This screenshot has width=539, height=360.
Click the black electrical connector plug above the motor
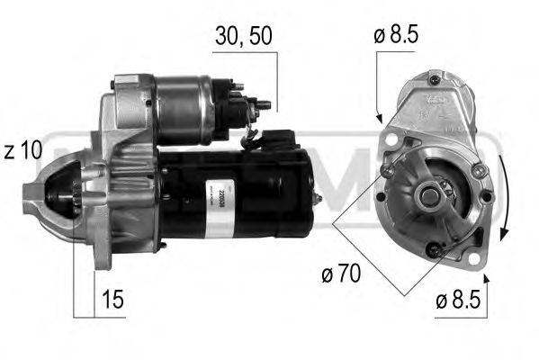tap(281, 139)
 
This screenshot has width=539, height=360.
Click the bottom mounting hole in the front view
tap(432, 250)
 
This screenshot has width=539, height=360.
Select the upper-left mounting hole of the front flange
tap(387, 170)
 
